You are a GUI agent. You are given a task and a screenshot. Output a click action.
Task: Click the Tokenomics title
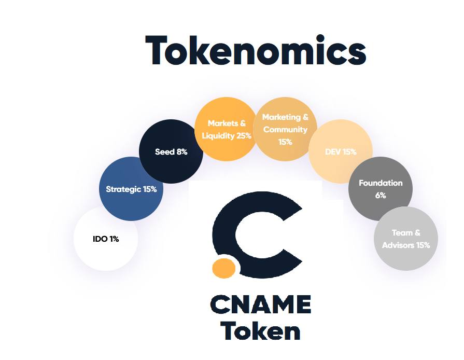256,50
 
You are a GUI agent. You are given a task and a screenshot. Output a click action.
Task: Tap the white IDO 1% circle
106,239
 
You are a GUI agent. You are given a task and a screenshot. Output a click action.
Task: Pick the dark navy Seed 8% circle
171,151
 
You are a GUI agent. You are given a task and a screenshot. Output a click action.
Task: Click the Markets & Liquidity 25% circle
227,129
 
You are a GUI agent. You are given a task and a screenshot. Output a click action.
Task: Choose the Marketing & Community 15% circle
285,129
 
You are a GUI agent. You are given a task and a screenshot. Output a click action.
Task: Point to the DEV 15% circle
341,151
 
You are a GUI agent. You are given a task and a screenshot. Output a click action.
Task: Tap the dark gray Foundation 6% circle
380,189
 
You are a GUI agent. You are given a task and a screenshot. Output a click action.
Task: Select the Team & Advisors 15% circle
406,239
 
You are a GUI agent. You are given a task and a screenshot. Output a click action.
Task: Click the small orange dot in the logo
224,268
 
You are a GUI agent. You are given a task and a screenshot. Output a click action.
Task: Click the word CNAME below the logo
261,304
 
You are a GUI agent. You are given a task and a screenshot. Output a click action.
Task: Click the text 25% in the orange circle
244,135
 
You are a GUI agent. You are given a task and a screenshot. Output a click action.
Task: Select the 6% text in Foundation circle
381,196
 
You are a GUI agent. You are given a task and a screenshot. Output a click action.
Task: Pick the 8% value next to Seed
182,152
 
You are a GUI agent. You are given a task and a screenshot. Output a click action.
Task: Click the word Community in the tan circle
285,130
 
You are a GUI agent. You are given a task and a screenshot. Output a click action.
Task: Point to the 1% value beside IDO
114,239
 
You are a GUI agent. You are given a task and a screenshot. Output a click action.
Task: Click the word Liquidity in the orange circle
218,136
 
